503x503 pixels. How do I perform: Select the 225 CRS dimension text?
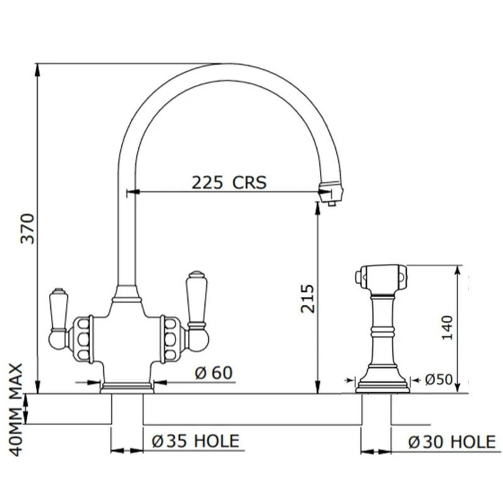(229, 182)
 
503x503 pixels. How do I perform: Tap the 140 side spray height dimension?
(447, 327)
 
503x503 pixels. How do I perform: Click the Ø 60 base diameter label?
(213, 373)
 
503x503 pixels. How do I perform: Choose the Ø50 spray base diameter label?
(439, 380)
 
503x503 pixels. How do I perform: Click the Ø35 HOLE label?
(196, 441)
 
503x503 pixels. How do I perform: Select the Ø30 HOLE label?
(451, 442)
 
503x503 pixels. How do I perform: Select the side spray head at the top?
(381, 275)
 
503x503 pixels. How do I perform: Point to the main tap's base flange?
(128, 387)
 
